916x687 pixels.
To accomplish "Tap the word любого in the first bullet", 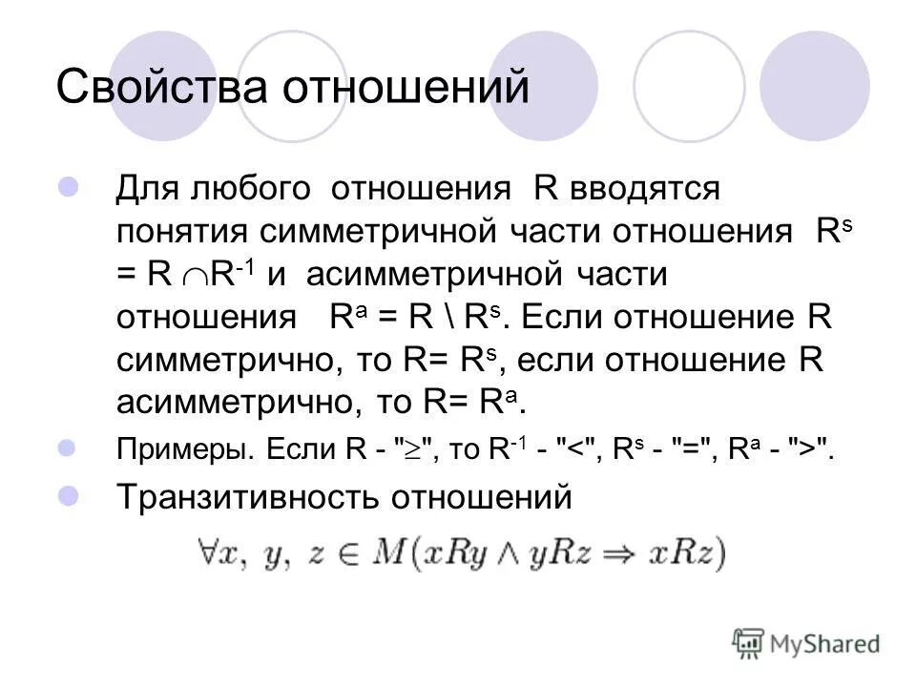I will [252, 188].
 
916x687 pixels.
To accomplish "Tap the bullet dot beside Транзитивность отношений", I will [69, 494].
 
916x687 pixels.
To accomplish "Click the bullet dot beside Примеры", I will [69, 447].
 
